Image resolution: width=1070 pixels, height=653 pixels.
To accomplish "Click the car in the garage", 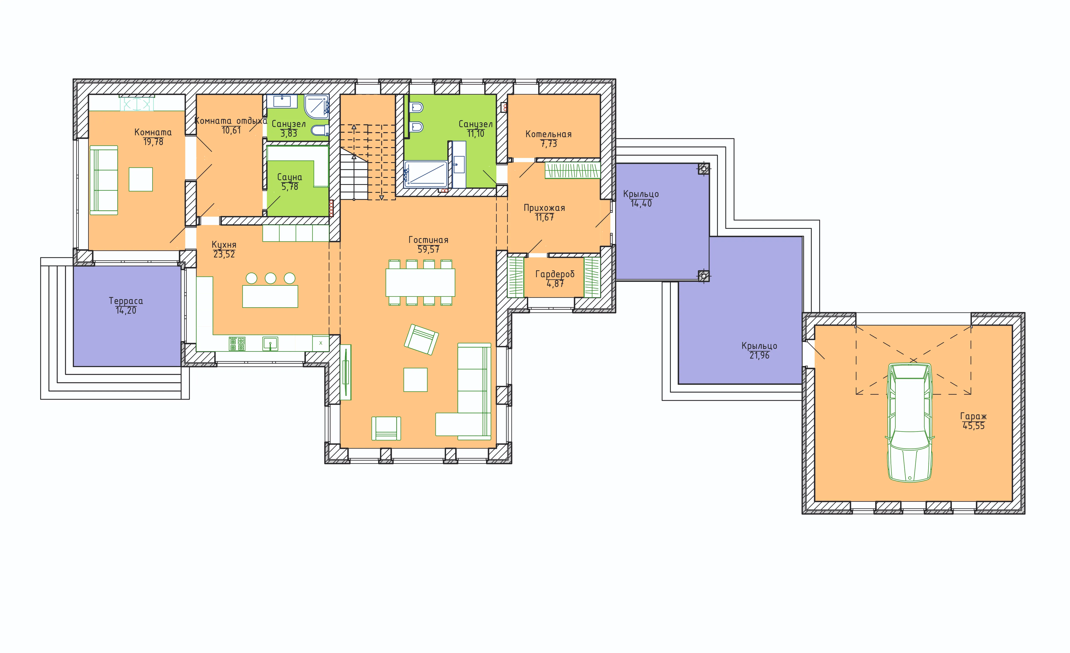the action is click(910, 422).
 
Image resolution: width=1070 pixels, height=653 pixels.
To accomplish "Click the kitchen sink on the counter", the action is click(270, 344).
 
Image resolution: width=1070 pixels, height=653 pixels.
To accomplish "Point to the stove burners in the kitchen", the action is click(237, 344).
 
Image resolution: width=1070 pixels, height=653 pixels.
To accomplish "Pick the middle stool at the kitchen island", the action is click(271, 278).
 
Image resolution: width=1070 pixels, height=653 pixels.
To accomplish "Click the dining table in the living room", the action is click(420, 283).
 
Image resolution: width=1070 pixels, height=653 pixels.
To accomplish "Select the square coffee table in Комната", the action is click(141, 179).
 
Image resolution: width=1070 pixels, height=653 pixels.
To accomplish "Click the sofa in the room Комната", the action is click(104, 180).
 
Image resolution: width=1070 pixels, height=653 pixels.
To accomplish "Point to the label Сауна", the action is click(290, 177).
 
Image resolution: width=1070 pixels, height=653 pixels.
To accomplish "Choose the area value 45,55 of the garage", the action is click(974, 426).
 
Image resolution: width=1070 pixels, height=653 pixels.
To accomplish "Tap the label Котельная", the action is click(548, 134).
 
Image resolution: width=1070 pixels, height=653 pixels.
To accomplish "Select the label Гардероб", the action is click(555, 274).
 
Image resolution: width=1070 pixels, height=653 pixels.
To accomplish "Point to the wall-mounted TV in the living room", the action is click(346, 372).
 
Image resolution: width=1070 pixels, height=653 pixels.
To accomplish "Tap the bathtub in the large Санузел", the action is click(426, 174).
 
